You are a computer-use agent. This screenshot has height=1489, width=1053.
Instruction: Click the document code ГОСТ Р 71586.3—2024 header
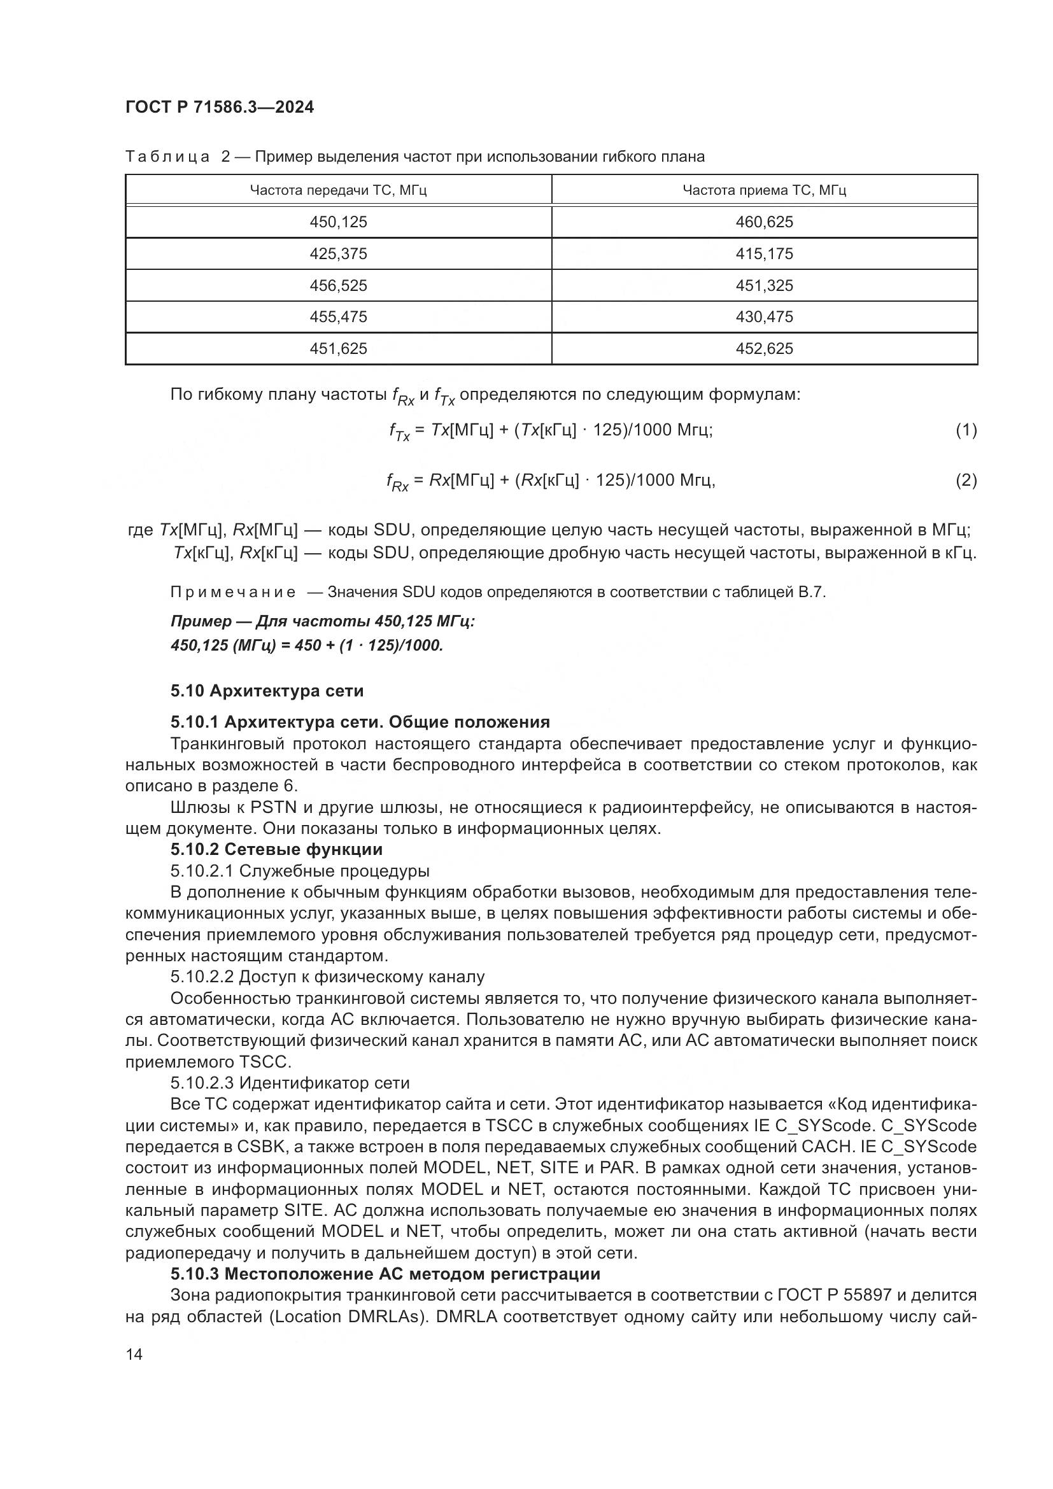[219, 108]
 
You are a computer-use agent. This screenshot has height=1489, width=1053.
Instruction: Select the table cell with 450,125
[338, 222]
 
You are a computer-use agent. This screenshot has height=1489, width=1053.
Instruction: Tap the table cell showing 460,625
[764, 222]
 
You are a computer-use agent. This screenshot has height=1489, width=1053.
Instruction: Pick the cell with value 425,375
[338, 254]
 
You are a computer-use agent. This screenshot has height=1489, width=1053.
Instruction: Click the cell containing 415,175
[764, 254]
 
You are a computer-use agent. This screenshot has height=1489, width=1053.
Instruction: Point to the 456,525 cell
[338, 286]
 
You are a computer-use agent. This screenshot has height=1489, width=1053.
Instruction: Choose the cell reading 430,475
[764, 317]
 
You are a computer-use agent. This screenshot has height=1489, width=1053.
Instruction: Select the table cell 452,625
[764, 349]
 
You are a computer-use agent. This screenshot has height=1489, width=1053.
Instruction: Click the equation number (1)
[966, 430]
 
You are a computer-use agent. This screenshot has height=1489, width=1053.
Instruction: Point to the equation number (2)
[966, 481]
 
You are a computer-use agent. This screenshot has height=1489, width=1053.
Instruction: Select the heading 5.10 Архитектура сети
[267, 691]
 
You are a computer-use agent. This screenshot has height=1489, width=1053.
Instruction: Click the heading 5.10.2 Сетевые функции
[276, 850]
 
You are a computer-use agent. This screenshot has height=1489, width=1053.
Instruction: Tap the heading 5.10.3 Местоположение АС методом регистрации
[385, 1274]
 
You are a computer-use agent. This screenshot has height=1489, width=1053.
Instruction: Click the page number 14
[134, 1355]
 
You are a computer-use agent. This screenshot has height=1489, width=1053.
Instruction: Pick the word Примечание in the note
[233, 592]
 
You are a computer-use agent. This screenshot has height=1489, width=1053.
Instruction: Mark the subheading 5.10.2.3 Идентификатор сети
[290, 1083]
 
